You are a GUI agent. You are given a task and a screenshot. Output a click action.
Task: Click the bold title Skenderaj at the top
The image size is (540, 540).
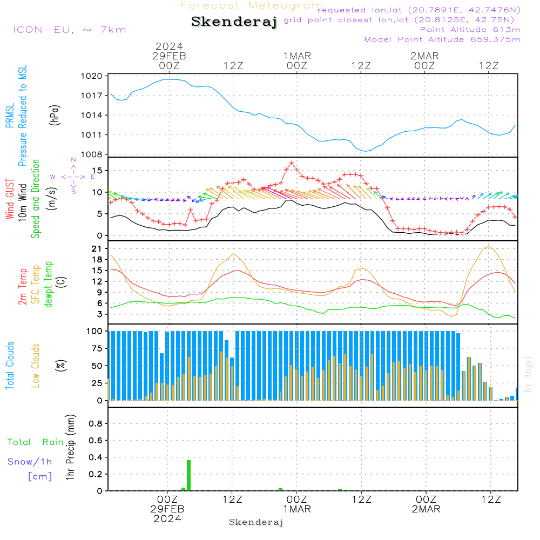coord(234,22)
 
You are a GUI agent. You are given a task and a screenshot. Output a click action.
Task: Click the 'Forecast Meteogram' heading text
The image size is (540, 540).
coord(252,5)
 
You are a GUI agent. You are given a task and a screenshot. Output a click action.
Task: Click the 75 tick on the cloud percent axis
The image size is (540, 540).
coord(96,348)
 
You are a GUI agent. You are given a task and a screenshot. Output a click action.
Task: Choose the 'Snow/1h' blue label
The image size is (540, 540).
coord(30,462)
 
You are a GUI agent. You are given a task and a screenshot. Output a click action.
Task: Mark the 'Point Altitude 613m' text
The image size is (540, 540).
coord(470,30)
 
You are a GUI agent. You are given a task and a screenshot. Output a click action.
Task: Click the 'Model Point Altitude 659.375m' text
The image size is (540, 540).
coord(442,39)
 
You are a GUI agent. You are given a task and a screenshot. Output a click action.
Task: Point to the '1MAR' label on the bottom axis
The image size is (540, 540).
coord(296,509)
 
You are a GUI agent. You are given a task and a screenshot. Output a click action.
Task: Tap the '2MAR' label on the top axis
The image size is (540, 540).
coord(424,56)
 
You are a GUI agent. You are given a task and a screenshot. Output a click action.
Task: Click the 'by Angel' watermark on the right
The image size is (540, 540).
coord(529,374)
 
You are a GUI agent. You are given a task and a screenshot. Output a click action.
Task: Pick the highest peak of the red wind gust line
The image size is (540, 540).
coord(292,163)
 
